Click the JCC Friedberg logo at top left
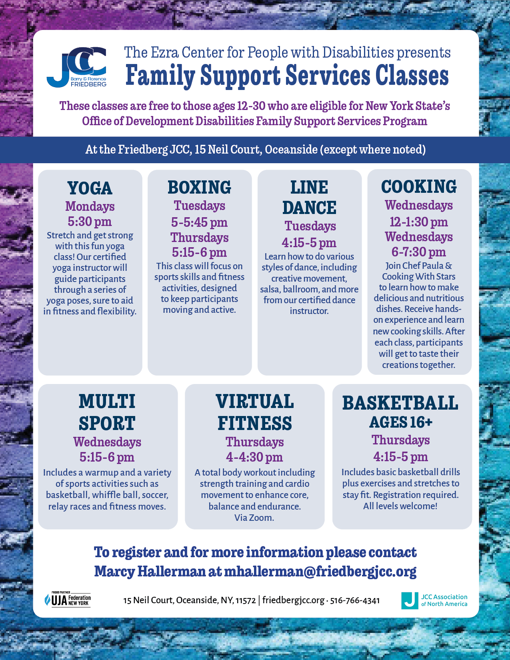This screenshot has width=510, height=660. pyautogui.click(x=76, y=67)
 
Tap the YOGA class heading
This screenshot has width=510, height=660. pyautogui.click(x=90, y=188)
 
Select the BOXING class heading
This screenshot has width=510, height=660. pyautogui.click(x=200, y=187)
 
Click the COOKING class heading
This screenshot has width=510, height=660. pyautogui.click(x=419, y=186)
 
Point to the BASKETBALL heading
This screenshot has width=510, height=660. pyautogui.click(x=400, y=403)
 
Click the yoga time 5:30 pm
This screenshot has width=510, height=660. pyautogui.click(x=90, y=222)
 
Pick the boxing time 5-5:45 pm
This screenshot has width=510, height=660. pyautogui.click(x=199, y=222)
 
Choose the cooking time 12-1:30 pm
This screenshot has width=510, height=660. pyautogui.click(x=419, y=222)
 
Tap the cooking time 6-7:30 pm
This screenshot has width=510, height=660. pyautogui.click(x=419, y=252)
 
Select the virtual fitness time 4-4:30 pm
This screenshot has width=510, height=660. pyautogui.click(x=254, y=457)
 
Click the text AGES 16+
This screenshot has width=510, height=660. pyautogui.click(x=401, y=422)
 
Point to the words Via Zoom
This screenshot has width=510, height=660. pyautogui.click(x=254, y=518)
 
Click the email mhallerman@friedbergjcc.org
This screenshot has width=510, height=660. pyautogui.click(x=320, y=572)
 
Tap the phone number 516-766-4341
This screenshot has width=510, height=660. pyautogui.click(x=355, y=600)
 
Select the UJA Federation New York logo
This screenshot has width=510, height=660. pyautogui.click(x=68, y=599)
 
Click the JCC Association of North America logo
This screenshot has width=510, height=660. pyautogui.click(x=434, y=600)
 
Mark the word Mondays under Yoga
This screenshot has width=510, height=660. pyautogui.click(x=90, y=206)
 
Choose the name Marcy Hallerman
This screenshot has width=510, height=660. pyautogui.click(x=150, y=571)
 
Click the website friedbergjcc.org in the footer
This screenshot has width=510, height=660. pyautogui.click(x=294, y=600)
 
